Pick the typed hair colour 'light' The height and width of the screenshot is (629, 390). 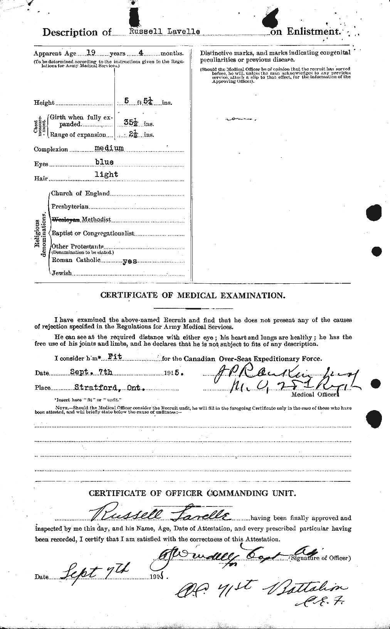point(106,175)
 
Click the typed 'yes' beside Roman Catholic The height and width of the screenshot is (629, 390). point(129,261)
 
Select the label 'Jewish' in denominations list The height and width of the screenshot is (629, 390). point(62,273)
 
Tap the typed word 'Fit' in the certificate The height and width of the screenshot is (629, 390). point(114,357)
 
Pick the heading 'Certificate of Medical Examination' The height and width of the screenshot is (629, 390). point(193,296)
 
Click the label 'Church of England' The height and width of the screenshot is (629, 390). point(81,193)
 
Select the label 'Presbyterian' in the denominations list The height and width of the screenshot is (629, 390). point(70,206)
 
